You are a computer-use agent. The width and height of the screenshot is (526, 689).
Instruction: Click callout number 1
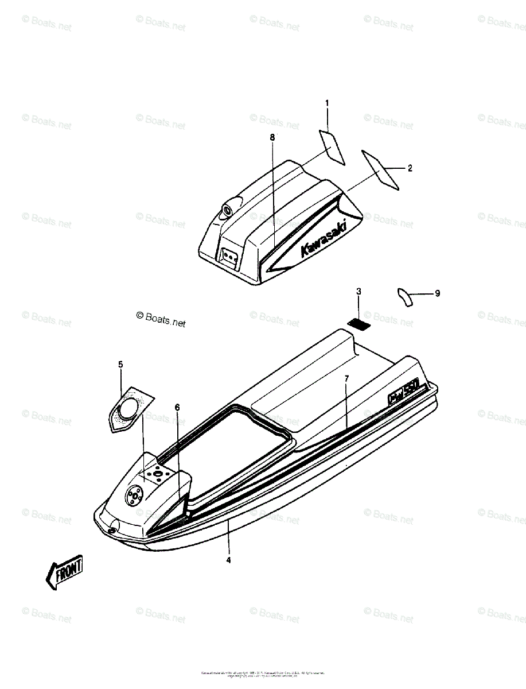328,104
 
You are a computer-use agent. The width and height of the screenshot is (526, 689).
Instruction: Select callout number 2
410,168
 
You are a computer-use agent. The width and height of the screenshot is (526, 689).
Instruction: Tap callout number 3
359,292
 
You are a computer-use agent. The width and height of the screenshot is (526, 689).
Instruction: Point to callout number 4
228,560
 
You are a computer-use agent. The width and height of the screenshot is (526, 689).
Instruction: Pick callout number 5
120,365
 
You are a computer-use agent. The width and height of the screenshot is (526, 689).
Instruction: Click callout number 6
177,408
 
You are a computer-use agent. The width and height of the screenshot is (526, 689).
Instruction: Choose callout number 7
346,378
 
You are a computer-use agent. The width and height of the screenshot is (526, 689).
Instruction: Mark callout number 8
272,138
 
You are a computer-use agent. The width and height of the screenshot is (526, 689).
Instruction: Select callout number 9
437,293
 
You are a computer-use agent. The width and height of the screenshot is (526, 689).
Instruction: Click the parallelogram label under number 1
332,147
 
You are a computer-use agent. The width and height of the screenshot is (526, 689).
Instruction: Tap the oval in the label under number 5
127,410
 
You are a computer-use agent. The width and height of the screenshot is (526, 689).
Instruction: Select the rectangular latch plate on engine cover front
230,257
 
